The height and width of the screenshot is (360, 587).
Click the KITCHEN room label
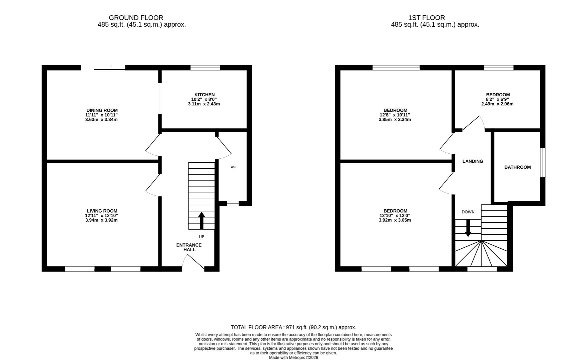tap(204, 95)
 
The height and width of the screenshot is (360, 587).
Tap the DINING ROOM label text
tap(102, 110)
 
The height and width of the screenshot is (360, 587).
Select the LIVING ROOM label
tap(102, 211)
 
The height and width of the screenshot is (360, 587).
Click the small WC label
tap(233, 167)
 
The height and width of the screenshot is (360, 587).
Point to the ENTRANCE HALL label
tap(189, 247)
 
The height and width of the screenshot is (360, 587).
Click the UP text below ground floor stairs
tap(201, 237)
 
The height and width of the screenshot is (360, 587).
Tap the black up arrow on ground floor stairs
tap(201, 220)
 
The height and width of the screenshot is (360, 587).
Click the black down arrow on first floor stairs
tap(468, 228)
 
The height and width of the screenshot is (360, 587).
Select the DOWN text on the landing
tap(468, 212)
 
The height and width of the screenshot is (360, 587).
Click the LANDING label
tap(473, 161)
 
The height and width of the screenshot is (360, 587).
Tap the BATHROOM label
tap(517, 167)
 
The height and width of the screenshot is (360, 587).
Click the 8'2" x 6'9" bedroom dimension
tap(497, 99)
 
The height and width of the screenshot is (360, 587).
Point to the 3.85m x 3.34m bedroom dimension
tap(395, 120)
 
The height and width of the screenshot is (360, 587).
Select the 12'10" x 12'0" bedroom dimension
tap(395, 216)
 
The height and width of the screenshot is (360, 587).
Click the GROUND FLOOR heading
tap(136, 18)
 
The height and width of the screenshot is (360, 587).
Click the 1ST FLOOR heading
tap(427, 18)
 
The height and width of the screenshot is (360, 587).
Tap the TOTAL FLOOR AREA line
tap(293, 327)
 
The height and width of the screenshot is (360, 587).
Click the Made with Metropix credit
tap(293, 358)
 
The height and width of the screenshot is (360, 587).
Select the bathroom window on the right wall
tap(543, 162)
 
